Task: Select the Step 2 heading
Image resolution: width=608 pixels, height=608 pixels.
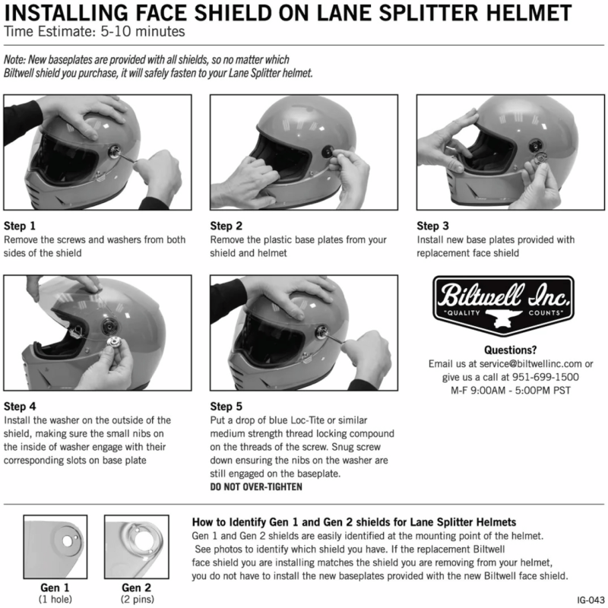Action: tap(226, 226)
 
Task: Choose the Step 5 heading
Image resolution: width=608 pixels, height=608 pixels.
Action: tap(226, 406)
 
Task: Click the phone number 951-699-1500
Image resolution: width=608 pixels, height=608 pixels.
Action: tap(536, 377)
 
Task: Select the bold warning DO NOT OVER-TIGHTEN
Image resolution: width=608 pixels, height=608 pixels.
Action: tap(255, 486)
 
